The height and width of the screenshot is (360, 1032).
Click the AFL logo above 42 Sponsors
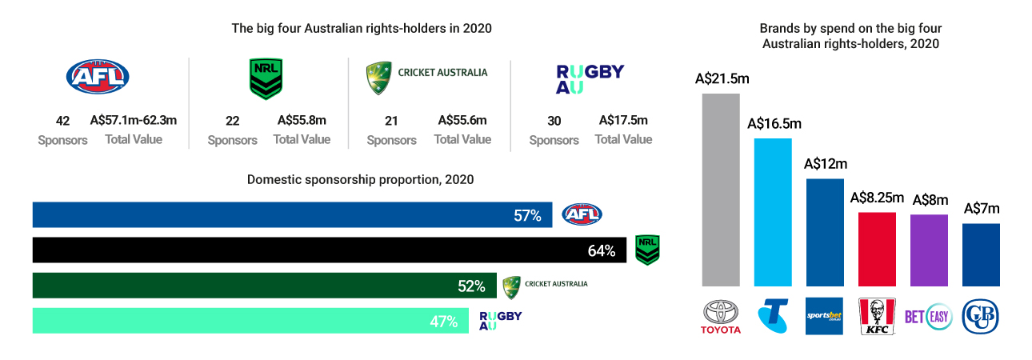click(97, 77)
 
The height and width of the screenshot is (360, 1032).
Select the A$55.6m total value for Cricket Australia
click(462, 121)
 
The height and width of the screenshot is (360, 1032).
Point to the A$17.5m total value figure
click(623, 121)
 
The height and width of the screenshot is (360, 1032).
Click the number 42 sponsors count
click(63, 122)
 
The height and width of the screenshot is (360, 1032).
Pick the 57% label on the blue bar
click(528, 215)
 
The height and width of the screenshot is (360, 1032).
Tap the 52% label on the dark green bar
click(472, 286)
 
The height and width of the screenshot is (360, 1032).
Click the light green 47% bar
click(240, 321)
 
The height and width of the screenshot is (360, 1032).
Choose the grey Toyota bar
click(721, 190)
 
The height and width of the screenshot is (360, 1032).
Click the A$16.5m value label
click(774, 124)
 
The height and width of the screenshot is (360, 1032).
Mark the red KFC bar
click(877, 249)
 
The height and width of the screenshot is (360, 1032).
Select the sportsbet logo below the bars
click(825, 316)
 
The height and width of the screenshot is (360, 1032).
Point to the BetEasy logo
click(928, 317)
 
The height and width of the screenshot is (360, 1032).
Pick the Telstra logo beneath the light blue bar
click(773, 316)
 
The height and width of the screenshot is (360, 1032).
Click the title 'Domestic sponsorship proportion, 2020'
click(361, 180)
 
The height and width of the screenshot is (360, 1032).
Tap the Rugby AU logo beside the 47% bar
click(501, 321)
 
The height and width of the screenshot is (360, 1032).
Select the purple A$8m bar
click(929, 250)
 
